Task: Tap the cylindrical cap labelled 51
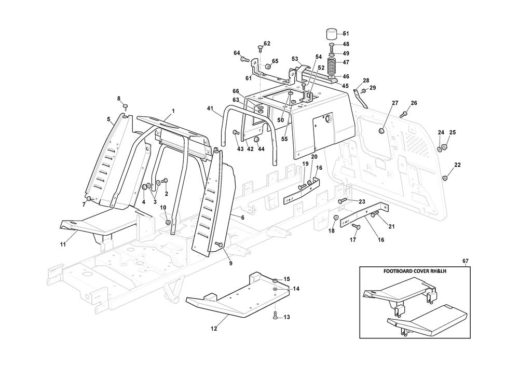pyautogui.click(x=331, y=35)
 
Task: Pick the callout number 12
pyautogui.click(x=214, y=328)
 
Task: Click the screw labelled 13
pyautogui.click(x=276, y=315)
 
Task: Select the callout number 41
pyautogui.click(x=210, y=108)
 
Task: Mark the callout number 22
pyautogui.click(x=457, y=165)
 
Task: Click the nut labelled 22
pyautogui.click(x=445, y=179)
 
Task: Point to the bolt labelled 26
pyautogui.click(x=403, y=114)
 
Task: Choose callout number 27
pyautogui.click(x=395, y=102)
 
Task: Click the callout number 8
pyautogui.click(x=118, y=99)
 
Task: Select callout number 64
pyautogui.click(x=237, y=53)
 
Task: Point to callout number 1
pyautogui.click(x=173, y=111)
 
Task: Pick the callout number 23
pyautogui.click(x=362, y=201)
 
